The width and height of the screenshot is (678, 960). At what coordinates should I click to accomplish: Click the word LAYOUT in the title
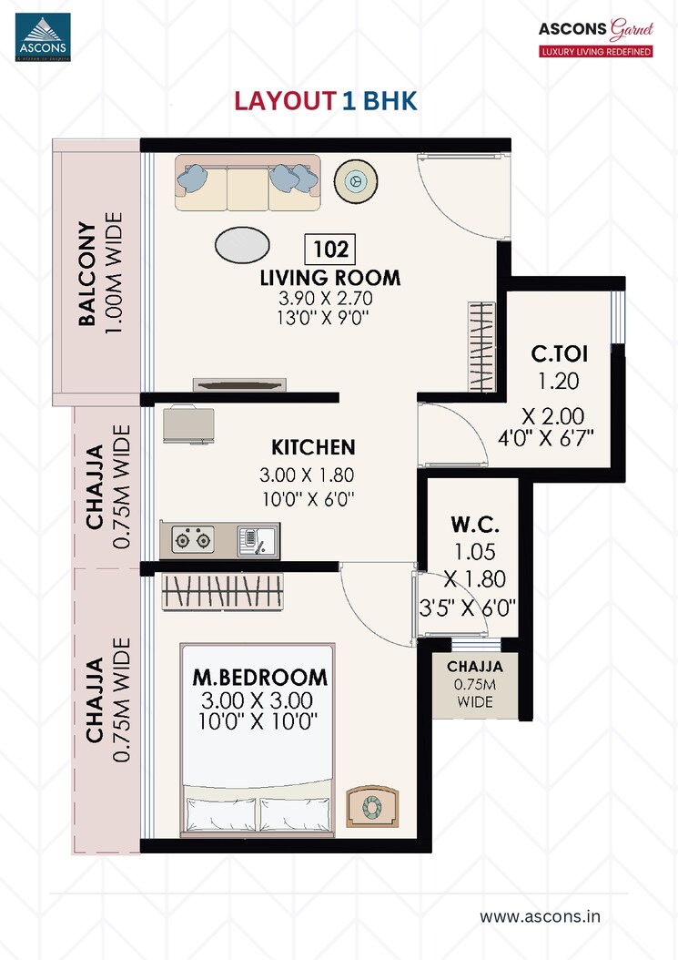[x=285, y=101]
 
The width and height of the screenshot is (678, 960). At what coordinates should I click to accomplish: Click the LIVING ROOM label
[x=329, y=278]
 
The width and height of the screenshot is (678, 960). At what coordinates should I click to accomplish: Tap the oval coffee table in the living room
[x=242, y=244]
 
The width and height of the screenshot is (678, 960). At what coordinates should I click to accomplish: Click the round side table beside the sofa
[x=353, y=180]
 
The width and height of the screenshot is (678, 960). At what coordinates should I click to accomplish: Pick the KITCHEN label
[x=313, y=447]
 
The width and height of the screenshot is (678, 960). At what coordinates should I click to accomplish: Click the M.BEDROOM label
[x=259, y=678]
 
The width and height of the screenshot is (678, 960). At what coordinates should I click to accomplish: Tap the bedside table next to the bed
[x=372, y=806]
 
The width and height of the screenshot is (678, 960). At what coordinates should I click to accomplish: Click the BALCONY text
[x=87, y=273]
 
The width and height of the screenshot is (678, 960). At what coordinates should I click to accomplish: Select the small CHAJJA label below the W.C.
[x=474, y=667]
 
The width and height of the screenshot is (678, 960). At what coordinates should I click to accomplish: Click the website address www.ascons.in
[x=540, y=915]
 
